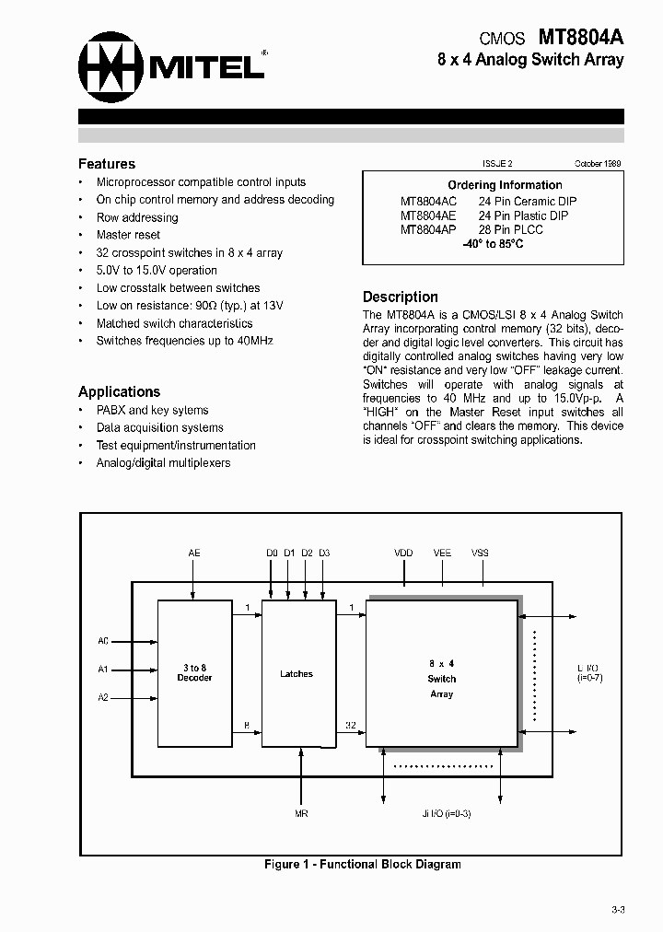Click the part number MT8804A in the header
click(580, 38)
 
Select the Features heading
click(107, 164)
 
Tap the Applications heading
click(119, 391)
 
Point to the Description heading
click(400, 297)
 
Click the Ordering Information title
click(505, 185)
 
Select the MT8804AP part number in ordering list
click(427, 229)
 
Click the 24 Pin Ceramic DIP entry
click(528, 201)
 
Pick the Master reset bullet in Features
click(128, 235)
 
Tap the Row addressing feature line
click(137, 217)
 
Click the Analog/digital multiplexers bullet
click(163, 462)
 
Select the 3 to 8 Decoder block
click(194, 673)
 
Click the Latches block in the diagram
click(297, 674)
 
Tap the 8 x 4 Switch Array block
click(442, 679)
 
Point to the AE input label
click(194, 553)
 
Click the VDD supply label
click(403, 553)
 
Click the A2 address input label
click(103, 698)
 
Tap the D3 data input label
click(324, 553)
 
